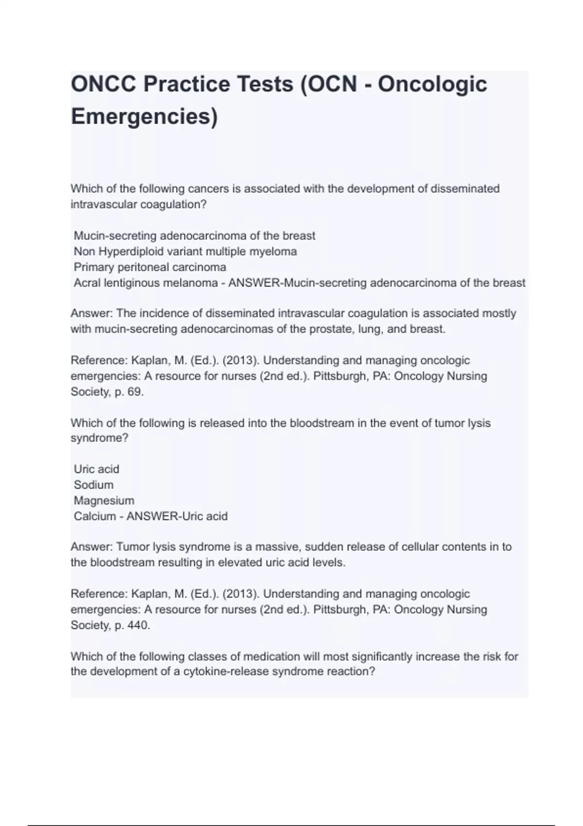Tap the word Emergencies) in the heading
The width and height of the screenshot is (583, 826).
(144, 117)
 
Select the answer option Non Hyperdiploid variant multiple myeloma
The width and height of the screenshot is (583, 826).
(185, 252)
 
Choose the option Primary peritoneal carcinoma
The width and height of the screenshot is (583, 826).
(150, 267)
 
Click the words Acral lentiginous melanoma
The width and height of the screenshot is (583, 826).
(145, 283)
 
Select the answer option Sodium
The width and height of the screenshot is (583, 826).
(93, 485)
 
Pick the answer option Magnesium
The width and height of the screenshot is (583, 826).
(104, 500)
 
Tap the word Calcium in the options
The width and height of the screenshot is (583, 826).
(95, 516)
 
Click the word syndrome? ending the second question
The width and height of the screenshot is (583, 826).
(100, 438)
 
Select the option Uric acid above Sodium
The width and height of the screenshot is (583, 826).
(96, 469)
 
